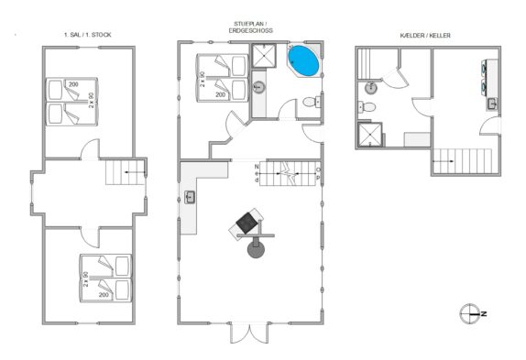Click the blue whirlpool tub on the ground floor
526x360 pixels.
303,60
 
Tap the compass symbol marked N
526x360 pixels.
469,314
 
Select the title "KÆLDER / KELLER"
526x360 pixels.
425,35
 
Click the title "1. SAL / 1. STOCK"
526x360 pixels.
88,35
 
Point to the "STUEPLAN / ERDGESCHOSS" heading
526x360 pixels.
250,27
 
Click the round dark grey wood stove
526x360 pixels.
256,249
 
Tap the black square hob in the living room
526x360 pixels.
247,223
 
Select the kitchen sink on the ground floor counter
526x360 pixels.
190,197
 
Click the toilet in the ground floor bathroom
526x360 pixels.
312,102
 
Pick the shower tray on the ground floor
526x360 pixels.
264,55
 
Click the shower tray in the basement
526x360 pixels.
370,135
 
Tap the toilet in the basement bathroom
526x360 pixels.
367,107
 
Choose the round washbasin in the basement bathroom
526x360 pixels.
371,88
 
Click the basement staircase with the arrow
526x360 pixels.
462,161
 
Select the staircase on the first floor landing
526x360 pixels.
126,172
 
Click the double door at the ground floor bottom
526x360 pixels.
249,333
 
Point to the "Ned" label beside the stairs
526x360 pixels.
257,173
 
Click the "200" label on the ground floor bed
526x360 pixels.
221,95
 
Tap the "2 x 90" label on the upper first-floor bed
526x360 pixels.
92,100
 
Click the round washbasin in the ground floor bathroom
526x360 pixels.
258,87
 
